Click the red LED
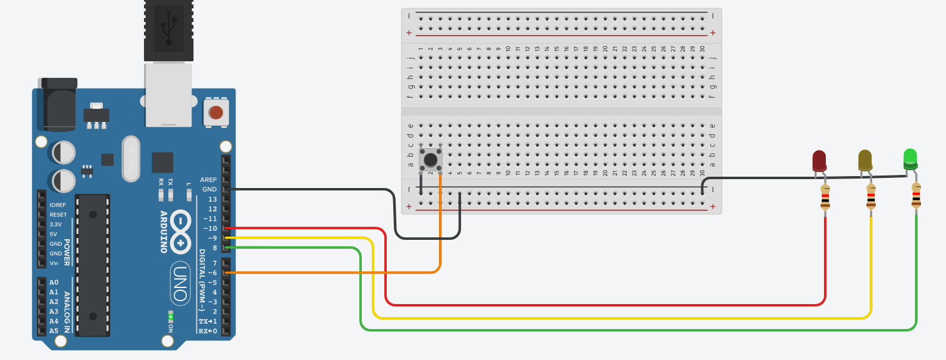(x=819, y=161)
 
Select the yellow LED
(x=865, y=160)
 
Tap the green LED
(x=910, y=158)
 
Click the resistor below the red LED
(x=825, y=198)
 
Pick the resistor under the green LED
(x=916, y=196)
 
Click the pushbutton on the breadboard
(x=430, y=159)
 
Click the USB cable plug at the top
(x=168, y=30)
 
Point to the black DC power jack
(x=58, y=107)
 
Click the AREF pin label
(x=208, y=180)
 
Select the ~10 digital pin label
(x=210, y=228)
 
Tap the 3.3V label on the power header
(x=55, y=224)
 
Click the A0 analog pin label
(x=54, y=283)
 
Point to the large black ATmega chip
(x=93, y=265)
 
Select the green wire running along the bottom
(x=595, y=330)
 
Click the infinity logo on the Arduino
(x=180, y=231)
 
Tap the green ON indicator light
(x=171, y=317)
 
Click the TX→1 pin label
(x=208, y=321)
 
